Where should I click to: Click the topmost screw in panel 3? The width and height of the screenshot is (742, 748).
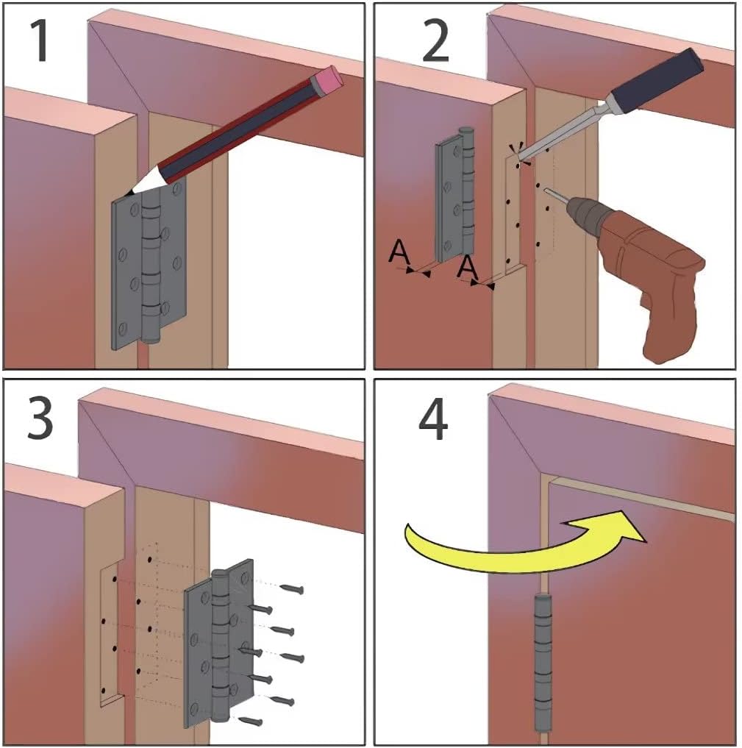[x=290, y=587]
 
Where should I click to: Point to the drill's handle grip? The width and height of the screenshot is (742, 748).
[x=666, y=324]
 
